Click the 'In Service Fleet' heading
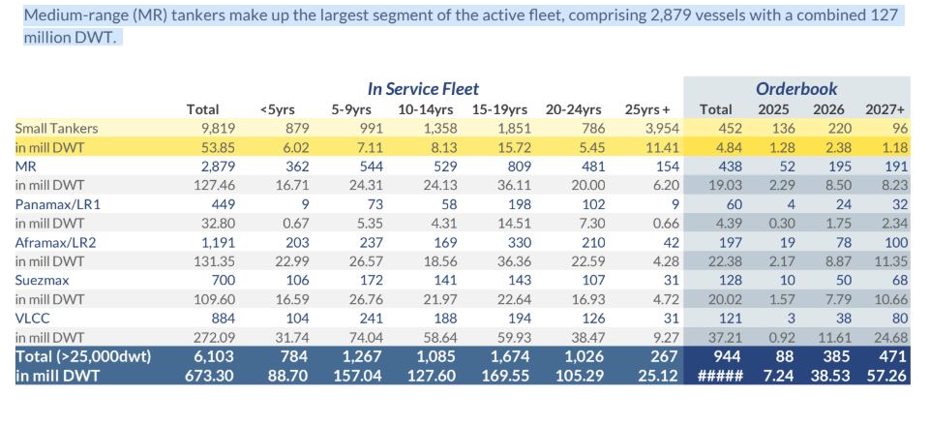click(423, 89)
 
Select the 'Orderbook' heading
click(796, 89)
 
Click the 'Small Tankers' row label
click(56, 129)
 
